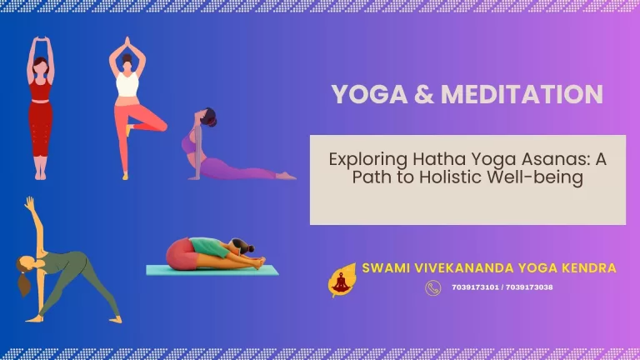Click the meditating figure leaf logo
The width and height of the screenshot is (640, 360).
click(340, 281)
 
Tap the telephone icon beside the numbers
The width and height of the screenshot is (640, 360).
click(432, 287)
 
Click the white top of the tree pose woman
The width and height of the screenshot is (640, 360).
click(127, 83)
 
